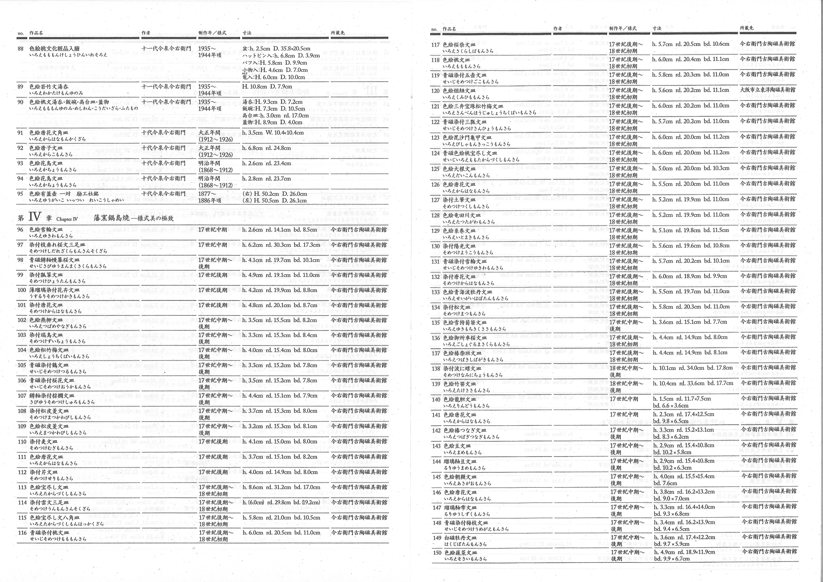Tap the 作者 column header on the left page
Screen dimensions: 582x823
pos(146,33)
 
